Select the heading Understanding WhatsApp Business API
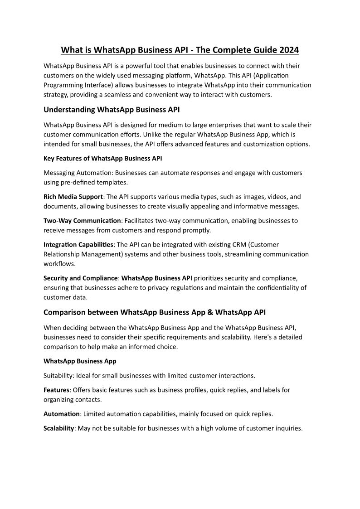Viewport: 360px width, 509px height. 112,110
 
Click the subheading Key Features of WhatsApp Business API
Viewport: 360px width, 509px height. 103,158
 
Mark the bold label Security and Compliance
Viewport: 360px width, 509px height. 81,278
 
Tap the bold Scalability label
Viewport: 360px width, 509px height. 58,428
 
